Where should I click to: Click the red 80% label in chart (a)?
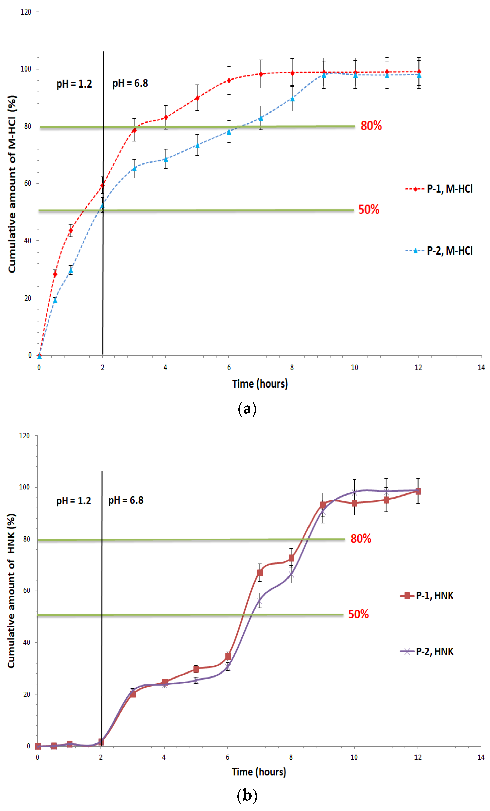[x=371, y=126]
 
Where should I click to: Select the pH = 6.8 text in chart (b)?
[x=126, y=500]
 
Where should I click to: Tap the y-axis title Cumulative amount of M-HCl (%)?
[x=12, y=184]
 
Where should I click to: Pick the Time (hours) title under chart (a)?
[x=260, y=384]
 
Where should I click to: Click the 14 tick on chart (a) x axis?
[x=481, y=368]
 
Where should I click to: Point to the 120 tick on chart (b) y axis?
[x=25, y=436]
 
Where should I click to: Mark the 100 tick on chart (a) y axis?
[x=26, y=69]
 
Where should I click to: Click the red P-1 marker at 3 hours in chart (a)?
[x=134, y=130]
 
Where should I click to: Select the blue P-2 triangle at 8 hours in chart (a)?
[x=292, y=99]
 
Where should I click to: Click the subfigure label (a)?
[x=247, y=409]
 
